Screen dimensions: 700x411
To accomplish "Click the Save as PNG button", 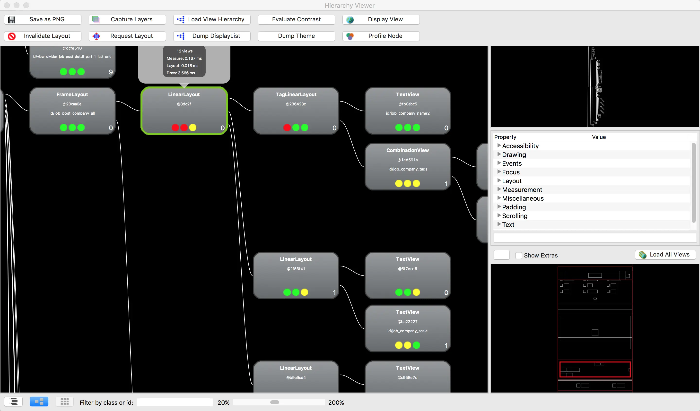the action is pyautogui.click(x=43, y=19).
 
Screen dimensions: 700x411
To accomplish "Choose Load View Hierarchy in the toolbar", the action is pyautogui.click(x=212, y=19).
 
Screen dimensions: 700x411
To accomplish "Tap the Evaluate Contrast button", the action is pyautogui.click(x=296, y=19).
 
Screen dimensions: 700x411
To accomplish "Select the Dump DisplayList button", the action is pyautogui.click(x=212, y=36).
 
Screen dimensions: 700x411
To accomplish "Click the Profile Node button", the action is pyautogui.click(x=381, y=36).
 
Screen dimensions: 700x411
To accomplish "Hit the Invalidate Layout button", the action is pyautogui.click(x=43, y=36).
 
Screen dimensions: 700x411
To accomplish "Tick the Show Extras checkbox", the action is pyautogui.click(x=518, y=256).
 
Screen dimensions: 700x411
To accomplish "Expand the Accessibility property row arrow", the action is pyautogui.click(x=499, y=146).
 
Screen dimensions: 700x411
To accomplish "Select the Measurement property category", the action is pyautogui.click(x=522, y=190).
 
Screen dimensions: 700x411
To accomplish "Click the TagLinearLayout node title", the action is pyautogui.click(x=296, y=94).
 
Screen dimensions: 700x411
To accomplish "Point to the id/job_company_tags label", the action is pyautogui.click(x=408, y=169).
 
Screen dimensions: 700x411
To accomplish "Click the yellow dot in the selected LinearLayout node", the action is pyautogui.click(x=192, y=128).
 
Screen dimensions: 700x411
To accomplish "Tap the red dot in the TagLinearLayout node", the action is pyautogui.click(x=287, y=128).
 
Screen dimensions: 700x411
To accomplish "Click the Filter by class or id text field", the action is pyautogui.click(x=175, y=402).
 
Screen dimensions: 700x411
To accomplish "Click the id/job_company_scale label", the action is pyautogui.click(x=407, y=331).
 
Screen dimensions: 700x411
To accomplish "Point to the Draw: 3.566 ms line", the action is pyautogui.click(x=181, y=73).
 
